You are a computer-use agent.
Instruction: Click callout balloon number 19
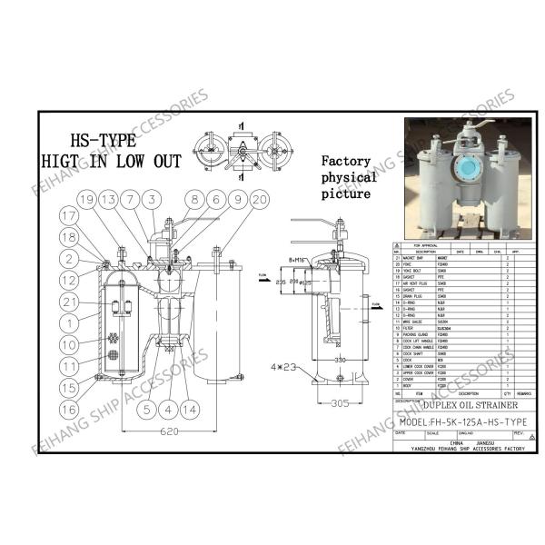coord(86,199)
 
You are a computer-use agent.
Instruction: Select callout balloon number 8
coord(193,199)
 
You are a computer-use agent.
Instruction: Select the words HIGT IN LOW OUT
coord(111,162)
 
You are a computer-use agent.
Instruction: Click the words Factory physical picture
coord(347,178)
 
